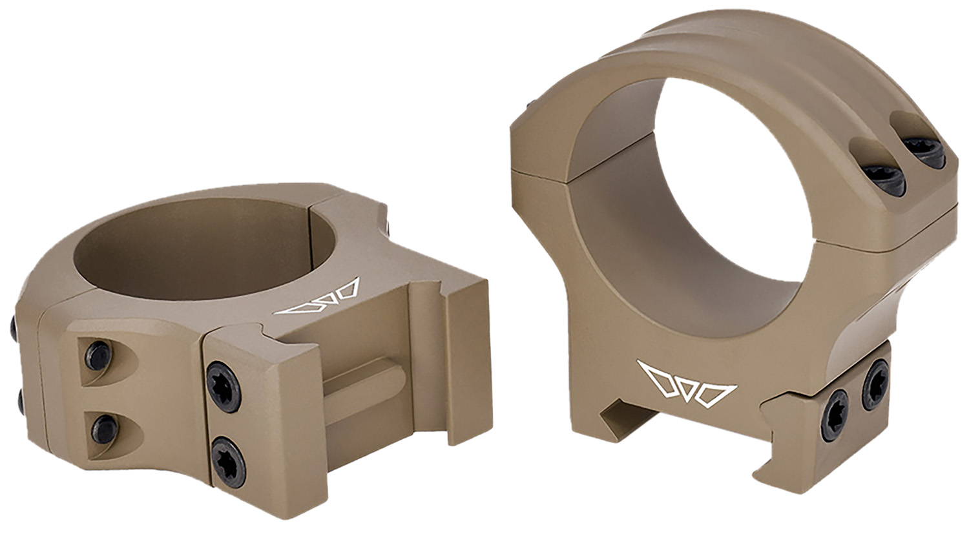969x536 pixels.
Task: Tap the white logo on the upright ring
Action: tap(686, 386)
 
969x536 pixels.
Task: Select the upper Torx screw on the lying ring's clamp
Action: tap(224, 387)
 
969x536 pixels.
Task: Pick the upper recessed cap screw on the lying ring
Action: tap(98, 355)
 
